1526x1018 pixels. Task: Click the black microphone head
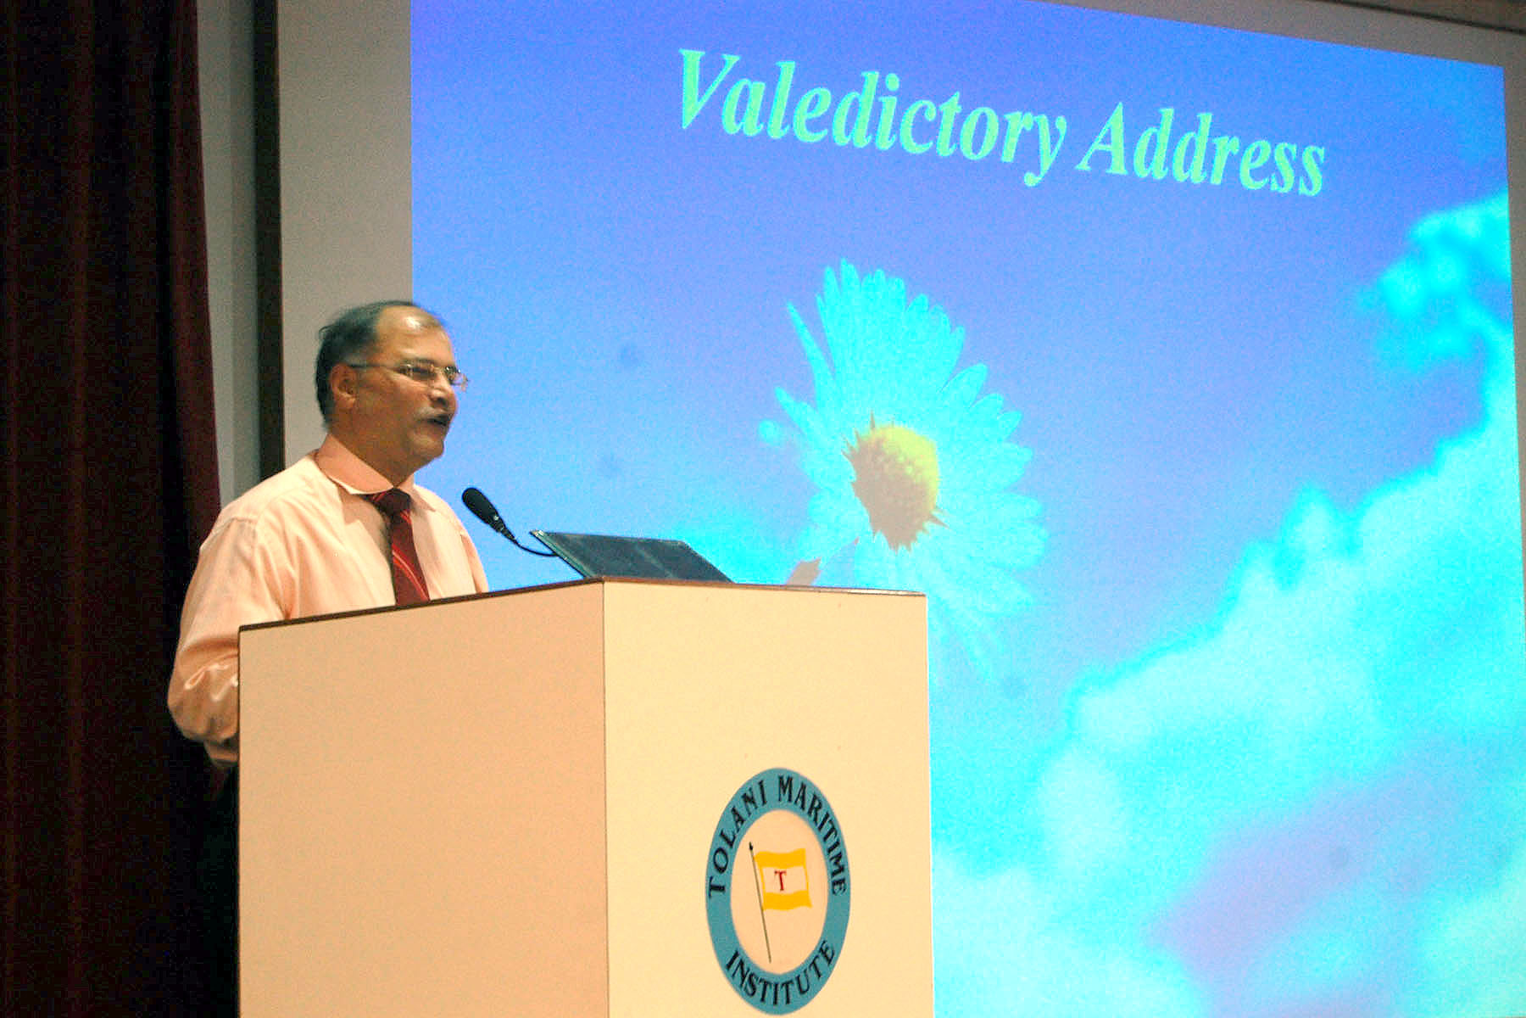[486, 510]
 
